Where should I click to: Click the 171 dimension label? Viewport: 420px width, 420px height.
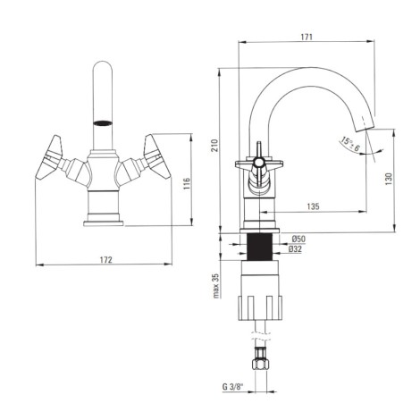(x=307, y=37)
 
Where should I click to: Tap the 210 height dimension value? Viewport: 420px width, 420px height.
(x=214, y=146)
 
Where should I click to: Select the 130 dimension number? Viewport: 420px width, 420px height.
(x=390, y=179)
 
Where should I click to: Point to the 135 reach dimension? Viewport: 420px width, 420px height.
(x=313, y=206)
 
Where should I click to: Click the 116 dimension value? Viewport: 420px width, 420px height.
(x=186, y=184)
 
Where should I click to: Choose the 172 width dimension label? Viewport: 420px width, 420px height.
(x=105, y=260)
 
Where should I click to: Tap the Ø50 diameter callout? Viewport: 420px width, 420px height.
(x=298, y=239)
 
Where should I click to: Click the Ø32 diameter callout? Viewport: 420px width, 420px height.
(x=295, y=249)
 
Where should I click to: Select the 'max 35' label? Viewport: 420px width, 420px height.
(x=215, y=285)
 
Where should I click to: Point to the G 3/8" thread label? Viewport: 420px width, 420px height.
(x=232, y=387)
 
